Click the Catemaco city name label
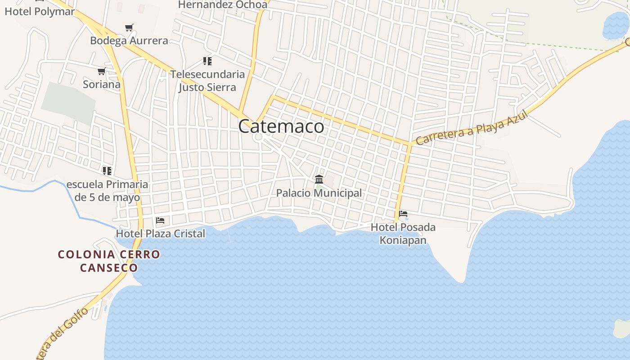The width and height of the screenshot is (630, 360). click(x=281, y=126)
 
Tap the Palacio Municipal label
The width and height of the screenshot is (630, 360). click(x=319, y=193)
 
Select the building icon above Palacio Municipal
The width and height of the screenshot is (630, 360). click(x=319, y=179)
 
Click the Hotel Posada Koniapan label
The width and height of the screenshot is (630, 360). click(x=403, y=234)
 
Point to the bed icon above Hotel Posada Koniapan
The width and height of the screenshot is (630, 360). click(x=403, y=213)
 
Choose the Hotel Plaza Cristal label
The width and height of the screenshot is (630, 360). click(x=160, y=234)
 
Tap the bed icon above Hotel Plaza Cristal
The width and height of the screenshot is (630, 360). click(x=160, y=220)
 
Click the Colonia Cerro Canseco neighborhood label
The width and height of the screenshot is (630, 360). click(x=109, y=261)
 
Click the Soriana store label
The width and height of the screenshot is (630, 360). click(x=102, y=84)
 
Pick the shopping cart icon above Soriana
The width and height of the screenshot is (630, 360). click(x=101, y=71)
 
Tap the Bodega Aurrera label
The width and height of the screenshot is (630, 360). click(x=129, y=40)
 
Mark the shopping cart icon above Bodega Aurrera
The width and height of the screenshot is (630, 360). click(x=129, y=27)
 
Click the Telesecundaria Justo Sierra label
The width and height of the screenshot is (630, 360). click(x=207, y=81)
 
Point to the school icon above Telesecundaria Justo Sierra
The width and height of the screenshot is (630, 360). click(x=207, y=61)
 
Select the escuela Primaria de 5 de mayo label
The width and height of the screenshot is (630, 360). click(x=107, y=191)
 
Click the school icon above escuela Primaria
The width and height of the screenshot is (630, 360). click(x=107, y=171)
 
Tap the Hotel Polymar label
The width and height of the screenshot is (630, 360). click(x=40, y=12)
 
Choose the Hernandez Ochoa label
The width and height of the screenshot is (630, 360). click(x=223, y=4)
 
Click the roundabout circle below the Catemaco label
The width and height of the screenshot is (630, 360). click(x=258, y=137)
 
